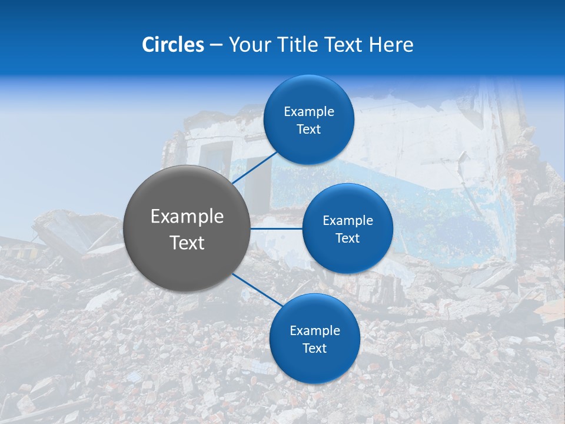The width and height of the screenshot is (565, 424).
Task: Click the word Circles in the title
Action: pyautogui.click(x=172, y=45)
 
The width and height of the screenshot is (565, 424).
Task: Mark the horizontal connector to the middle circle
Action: pyautogui.click(x=276, y=228)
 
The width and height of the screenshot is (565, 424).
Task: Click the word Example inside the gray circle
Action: pyautogui.click(x=187, y=217)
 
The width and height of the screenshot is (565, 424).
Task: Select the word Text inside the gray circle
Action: pyautogui.click(x=187, y=243)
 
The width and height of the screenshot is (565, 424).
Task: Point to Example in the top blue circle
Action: pyautogui.click(x=309, y=112)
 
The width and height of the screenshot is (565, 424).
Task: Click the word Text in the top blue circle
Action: pyautogui.click(x=309, y=130)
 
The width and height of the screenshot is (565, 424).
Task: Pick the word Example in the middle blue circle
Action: pyautogui.click(x=348, y=221)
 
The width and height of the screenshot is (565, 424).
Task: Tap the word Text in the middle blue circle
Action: pyautogui.click(x=348, y=238)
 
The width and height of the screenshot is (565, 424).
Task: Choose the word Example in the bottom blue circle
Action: pyautogui.click(x=315, y=331)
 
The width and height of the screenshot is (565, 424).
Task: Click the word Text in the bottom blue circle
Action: pyautogui.click(x=315, y=349)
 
